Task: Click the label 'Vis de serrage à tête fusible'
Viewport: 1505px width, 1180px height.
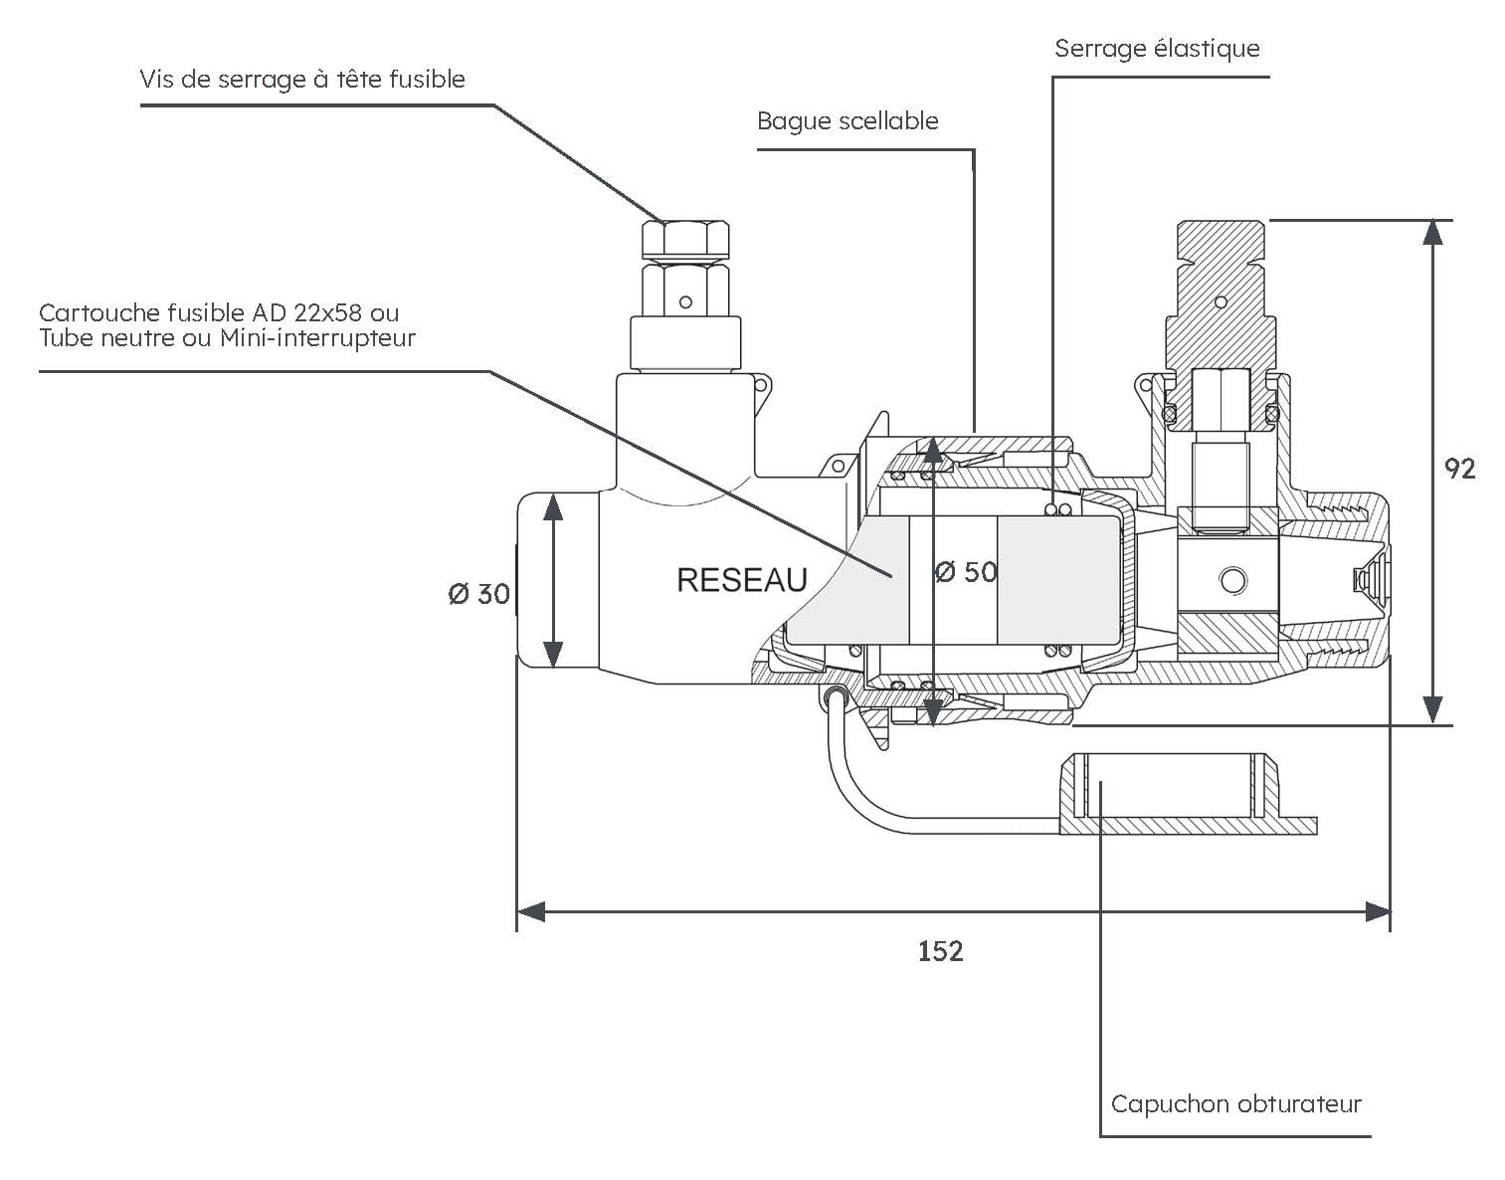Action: click(x=302, y=79)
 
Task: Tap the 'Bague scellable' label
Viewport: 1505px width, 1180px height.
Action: click(x=847, y=121)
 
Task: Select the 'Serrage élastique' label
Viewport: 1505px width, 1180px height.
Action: click(x=1157, y=49)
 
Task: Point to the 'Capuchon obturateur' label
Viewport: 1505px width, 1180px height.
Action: click(x=1236, y=1103)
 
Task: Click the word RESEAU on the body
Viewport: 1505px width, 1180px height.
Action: click(x=742, y=580)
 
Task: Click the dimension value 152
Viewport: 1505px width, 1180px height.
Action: click(x=941, y=951)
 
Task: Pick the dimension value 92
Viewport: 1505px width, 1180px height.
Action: click(x=1460, y=469)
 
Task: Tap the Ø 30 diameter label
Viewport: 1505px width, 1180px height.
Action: click(x=479, y=593)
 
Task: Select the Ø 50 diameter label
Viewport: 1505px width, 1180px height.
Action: click(x=966, y=571)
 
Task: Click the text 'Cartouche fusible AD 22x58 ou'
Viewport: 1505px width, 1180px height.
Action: click(x=219, y=313)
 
